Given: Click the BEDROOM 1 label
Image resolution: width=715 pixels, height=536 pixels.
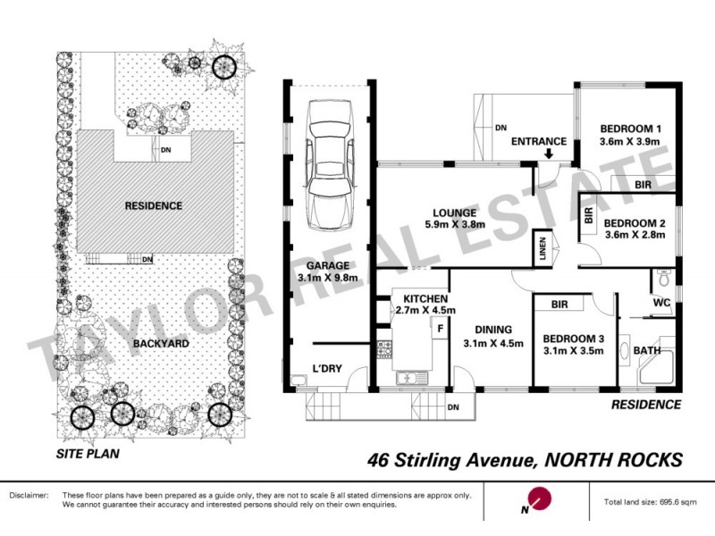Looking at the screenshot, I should click(x=630, y=127).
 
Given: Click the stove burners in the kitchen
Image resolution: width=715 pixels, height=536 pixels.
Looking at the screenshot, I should click(x=385, y=349).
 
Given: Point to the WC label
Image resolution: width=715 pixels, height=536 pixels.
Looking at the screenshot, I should click(x=661, y=303).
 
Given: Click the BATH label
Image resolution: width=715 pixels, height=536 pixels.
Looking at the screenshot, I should click(x=647, y=351).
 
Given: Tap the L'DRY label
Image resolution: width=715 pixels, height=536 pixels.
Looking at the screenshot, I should click(x=327, y=369).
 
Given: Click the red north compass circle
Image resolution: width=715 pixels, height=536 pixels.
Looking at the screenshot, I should click(x=541, y=498).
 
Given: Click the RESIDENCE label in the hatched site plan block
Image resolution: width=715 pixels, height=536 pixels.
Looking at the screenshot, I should click(x=153, y=205).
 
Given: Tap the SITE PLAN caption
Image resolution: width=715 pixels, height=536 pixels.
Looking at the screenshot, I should click(x=87, y=453).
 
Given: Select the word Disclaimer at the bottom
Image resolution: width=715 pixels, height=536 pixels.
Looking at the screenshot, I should click(x=29, y=495).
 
